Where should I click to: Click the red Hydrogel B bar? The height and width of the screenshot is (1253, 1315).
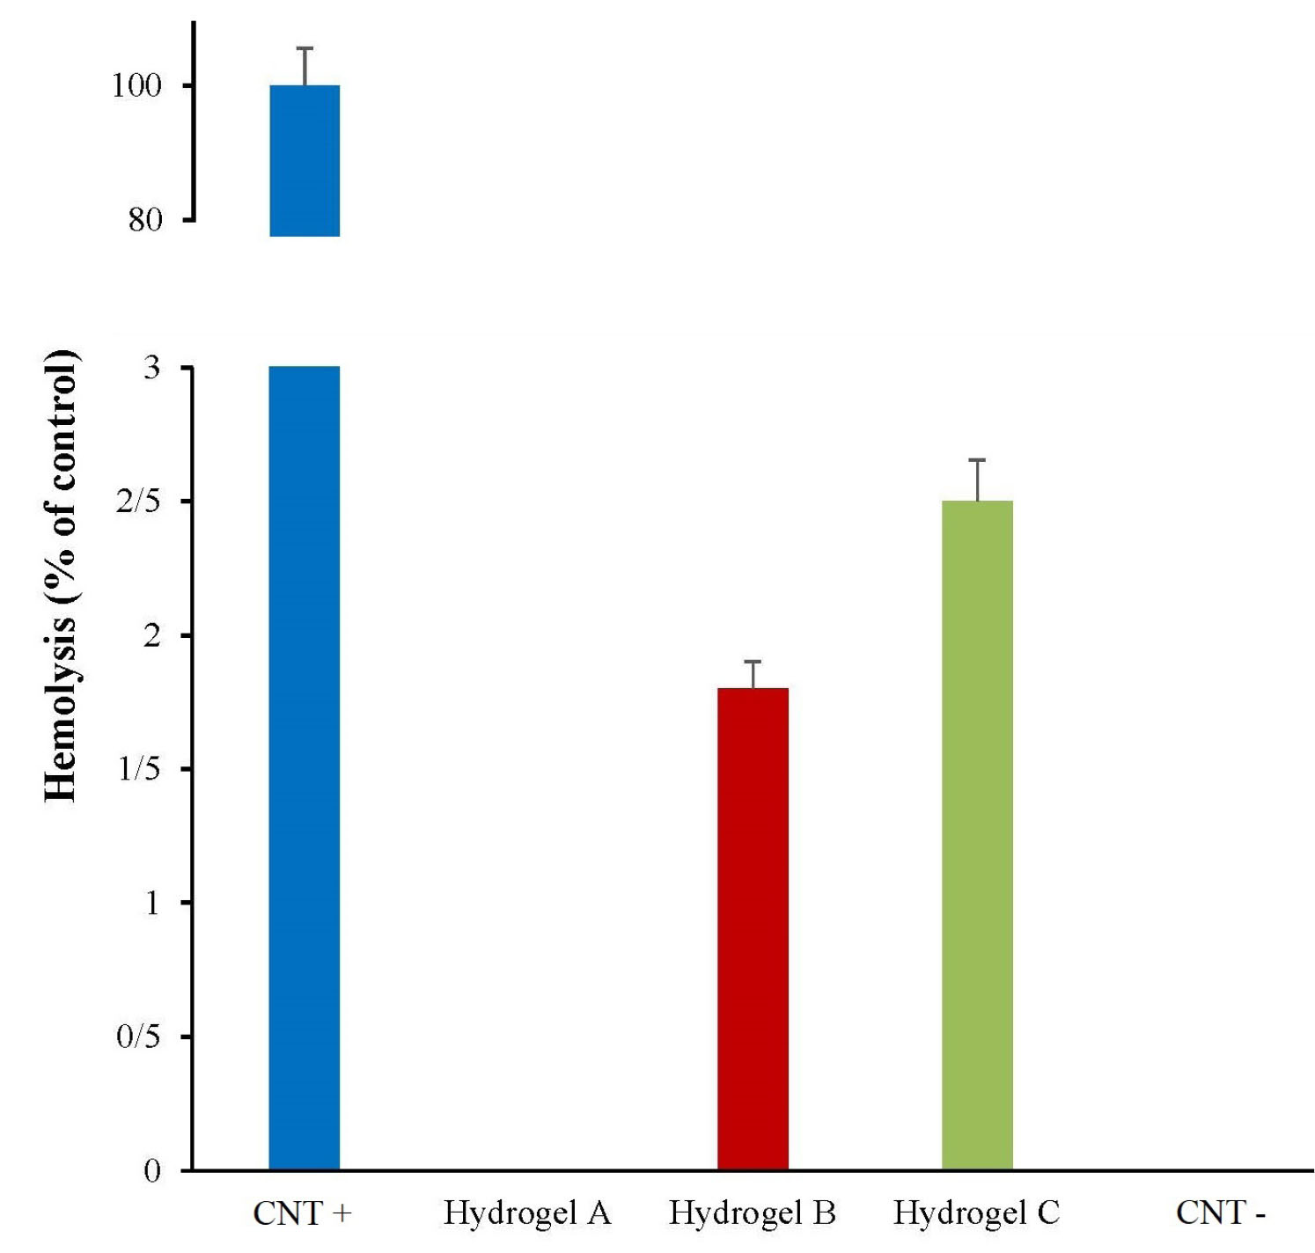pyautogui.click(x=753, y=928)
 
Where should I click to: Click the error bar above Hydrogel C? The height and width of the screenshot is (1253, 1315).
pyautogui.click(x=977, y=480)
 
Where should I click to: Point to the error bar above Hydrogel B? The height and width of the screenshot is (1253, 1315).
pyautogui.click(x=753, y=674)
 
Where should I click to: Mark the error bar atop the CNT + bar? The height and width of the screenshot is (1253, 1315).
pyautogui.click(x=305, y=66)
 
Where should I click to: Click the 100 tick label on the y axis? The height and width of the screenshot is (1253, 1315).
pyautogui.click(x=136, y=85)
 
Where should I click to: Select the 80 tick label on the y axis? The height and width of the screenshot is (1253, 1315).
pyautogui.click(x=145, y=219)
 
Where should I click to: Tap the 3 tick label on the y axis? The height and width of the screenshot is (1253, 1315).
pyautogui.click(x=152, y=368)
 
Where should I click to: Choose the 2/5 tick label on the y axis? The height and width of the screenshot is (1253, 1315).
pyautogui.click(x=138, y=502)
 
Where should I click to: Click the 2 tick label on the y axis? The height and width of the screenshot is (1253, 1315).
pyautogui.click(x=152, y=635)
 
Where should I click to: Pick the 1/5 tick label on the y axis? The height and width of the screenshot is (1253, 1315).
pyautogui.click(x=138, y=769)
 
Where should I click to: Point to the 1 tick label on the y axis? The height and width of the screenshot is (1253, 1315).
pyautogui.click(x=152, y=903)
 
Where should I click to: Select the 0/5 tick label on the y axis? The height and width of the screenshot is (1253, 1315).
pyautogui.click(x=138, y=1037)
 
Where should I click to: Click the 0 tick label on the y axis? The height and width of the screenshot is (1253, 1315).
pyautogui.click(x=152, y=1170)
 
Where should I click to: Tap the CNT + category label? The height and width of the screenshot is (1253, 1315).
pyautogui.click(x=302, y=1213)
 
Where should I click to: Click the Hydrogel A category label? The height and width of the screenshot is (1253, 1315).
pyautogui.click(x=526, y=1213)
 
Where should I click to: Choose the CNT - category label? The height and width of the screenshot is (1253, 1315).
pyautogui.click(x=1220, y=1213)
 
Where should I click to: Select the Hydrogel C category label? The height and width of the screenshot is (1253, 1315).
pyautogui.click(x=976, y=1213)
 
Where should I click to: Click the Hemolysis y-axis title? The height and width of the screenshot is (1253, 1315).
pyautogui.click(x=61, y=576)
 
